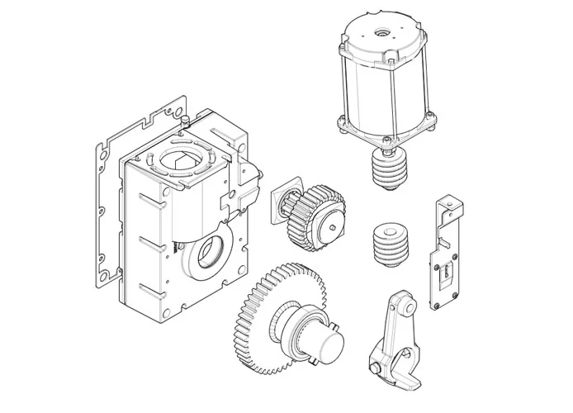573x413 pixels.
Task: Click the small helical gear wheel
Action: tap(318, 216)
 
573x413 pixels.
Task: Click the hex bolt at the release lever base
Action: tap(376, 363)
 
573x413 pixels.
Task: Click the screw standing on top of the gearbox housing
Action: tap(182, 119)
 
